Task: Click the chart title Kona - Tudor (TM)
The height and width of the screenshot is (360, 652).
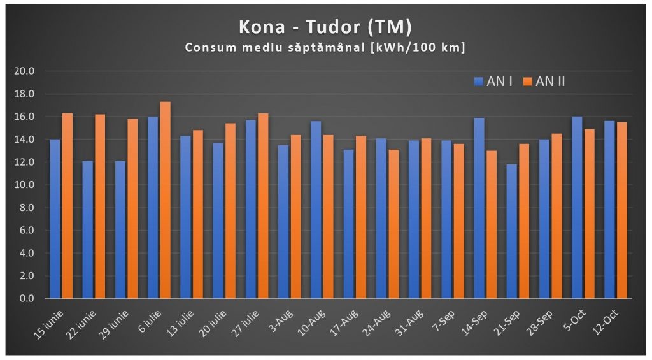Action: pyautogui.click(x=325, y=27)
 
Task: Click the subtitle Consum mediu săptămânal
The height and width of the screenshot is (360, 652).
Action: pyautogui.click(x=325, y=48)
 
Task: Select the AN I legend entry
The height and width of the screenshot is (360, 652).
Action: pyautogui.click(x=493, y=82)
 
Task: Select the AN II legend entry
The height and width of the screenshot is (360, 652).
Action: pyautogui.click(x=544, y=82)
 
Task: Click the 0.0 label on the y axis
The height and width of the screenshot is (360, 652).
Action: pyautogui.click(x=27, y=298)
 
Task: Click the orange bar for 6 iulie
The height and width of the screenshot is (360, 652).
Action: pyautogui.click(x=165, y=200)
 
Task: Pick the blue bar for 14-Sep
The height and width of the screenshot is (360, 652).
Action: pyautogui.click(x=479, y=208)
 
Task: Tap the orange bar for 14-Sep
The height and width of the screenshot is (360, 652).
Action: pyautogui.click(x=491, y=224)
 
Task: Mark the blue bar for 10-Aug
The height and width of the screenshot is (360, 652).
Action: pyautogui.click(x=316, y=210)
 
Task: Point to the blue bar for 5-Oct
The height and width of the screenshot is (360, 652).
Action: pyautogui.click(x=577, y=207)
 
